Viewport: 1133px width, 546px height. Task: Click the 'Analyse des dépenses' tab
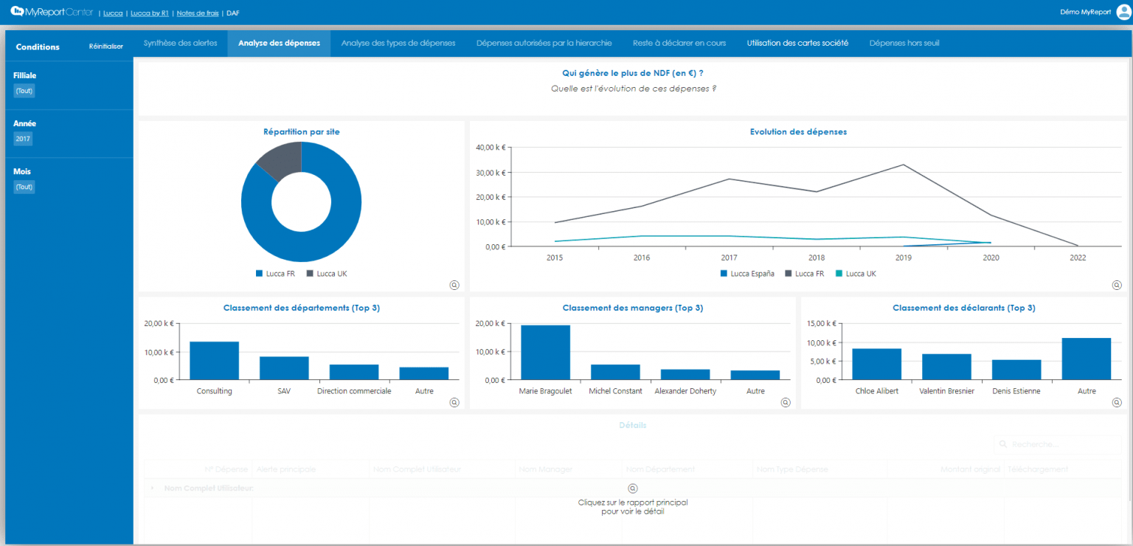pyautogui.click(x=279, y=43)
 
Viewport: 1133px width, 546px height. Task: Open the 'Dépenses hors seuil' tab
pyautogui.click(x=904, y=43)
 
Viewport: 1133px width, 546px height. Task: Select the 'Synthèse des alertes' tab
pyautogui.click(x=180, y=43)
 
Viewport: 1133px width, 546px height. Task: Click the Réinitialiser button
pyautogui.click(x=106, y=46)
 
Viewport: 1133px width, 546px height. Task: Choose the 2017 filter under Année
pyautogui.click(x=23, y=139)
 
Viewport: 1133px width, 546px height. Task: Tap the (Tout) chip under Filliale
pyautogui.click(x=24, y=91)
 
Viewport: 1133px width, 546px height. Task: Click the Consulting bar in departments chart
pyautogui.click(x=214, y=360)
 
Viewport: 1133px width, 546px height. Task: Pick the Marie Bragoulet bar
pyautogui.click(x=545, y=352)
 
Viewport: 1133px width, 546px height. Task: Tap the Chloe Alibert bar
pyautogui.click(x=876, y=364)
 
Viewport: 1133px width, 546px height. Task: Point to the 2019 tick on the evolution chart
pyautogui.click(x=904, y=258)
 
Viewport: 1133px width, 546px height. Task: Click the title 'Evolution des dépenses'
pyautogui.click(x=798, y=132)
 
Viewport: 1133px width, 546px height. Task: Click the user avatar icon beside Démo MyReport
pyautogui.click(x=1123, y=12)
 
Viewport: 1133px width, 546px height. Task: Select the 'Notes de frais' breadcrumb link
pyautogui.click(x=197, y=13)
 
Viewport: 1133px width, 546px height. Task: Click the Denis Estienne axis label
pyautogui.click(x=1016, y=391)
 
